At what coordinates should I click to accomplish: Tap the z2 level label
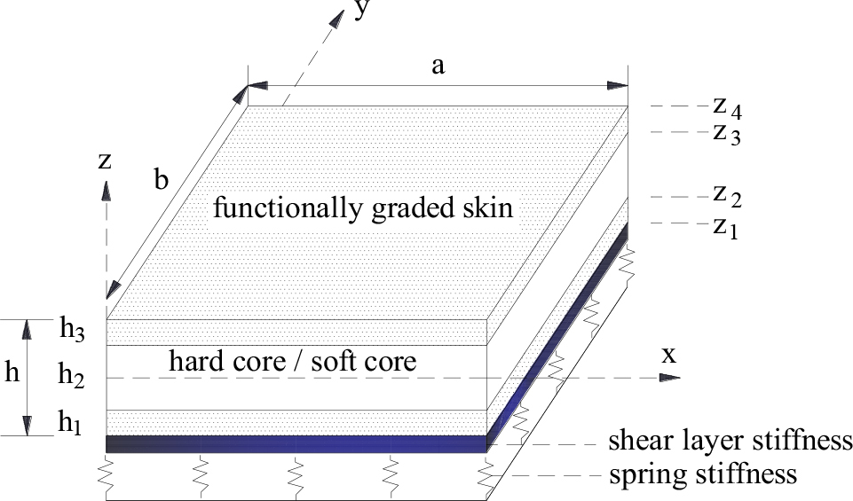[x=726, y=197]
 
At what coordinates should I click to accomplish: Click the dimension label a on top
[x=438, y=67]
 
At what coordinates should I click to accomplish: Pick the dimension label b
[x=161, y=178]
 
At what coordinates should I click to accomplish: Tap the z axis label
[x=105, y=160]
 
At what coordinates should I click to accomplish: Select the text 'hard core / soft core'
[x=292, y=362]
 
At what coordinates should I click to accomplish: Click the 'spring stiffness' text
[x=702, y=474]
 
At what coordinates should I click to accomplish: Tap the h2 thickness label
[x=72, y=375]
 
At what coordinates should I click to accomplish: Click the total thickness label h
[x=12, y=374]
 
